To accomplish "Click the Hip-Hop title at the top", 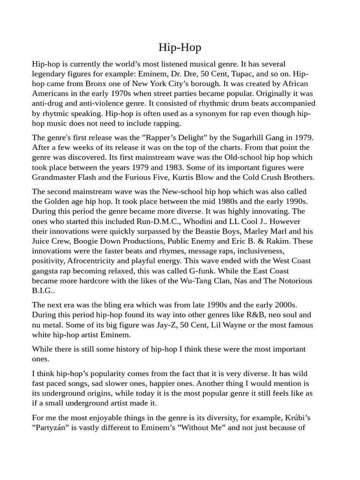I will click(180, 47).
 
